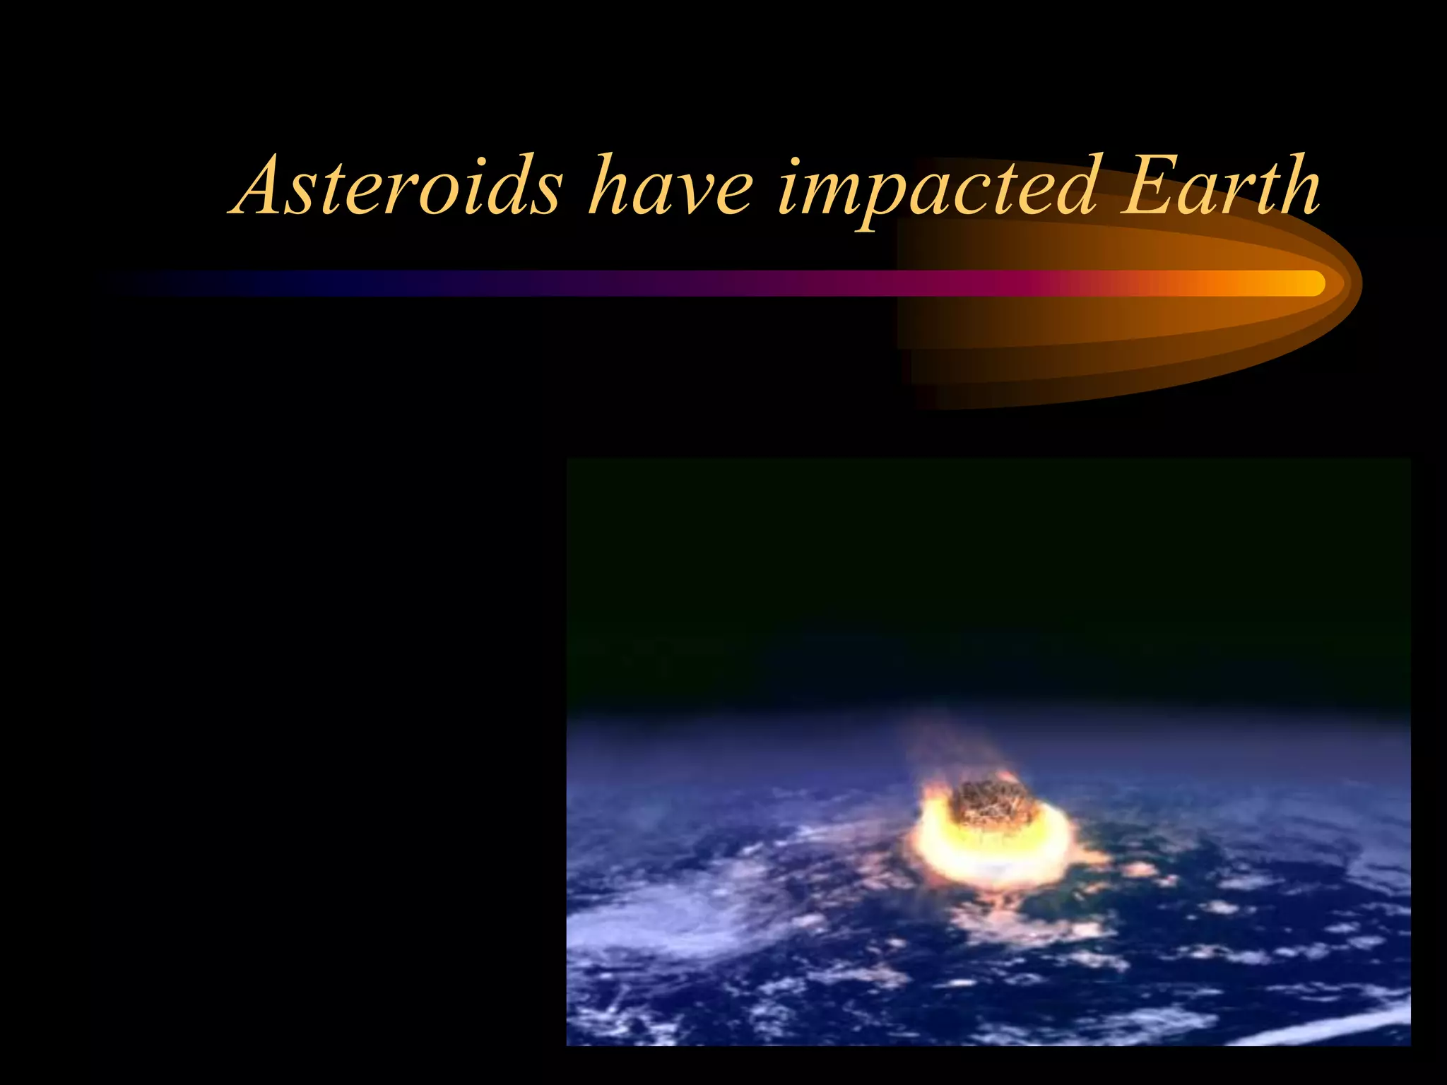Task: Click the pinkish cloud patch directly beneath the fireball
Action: (1003, 918)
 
